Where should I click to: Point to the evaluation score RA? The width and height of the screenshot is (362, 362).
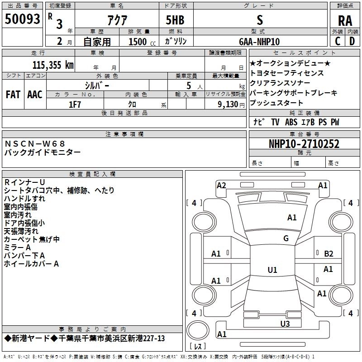345,20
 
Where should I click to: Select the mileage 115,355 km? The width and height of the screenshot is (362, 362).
52,65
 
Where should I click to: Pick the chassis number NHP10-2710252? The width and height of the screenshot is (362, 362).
304,144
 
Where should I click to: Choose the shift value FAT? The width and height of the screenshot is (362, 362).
13,95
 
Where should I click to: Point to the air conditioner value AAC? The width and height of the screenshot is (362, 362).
35,95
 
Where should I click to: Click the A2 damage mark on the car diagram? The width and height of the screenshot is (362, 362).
221,185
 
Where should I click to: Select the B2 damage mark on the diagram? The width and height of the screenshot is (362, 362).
329,254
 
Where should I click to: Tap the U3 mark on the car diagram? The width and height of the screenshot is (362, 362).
285,323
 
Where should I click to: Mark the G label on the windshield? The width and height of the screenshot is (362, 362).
286,238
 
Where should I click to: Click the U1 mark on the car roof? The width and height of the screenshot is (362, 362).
272,270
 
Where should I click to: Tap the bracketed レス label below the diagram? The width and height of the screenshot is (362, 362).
198,347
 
